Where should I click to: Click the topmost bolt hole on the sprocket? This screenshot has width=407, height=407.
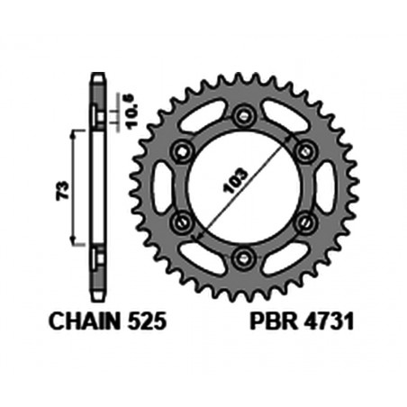pos(241,116)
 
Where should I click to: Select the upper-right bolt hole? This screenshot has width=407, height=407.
pos(303,151)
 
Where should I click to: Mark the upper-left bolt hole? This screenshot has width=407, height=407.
pos(179,151)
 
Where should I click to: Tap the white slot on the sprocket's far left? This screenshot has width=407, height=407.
pos(163,188)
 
